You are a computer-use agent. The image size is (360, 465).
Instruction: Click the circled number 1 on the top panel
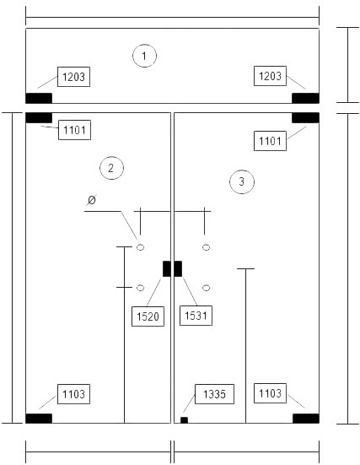(144, 56)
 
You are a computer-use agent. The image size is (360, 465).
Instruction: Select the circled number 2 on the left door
(111, 168)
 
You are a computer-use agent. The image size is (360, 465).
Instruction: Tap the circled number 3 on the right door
(242, 181)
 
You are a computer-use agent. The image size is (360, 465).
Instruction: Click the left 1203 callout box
(73, 77)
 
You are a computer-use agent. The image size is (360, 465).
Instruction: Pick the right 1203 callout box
(270, 76)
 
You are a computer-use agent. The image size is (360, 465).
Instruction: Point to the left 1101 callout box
(74, 130)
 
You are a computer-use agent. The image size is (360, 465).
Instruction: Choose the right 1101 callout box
(270, 141)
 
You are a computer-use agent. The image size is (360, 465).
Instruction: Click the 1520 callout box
(148, 316)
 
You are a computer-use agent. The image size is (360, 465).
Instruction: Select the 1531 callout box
(196, 316)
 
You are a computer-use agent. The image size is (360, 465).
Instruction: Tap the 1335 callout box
(214, 394)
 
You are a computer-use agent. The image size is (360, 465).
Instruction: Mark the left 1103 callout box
(73, 394)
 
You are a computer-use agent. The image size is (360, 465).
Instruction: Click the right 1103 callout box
(270, 393)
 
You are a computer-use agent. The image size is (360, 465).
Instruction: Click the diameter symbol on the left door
(92, 200)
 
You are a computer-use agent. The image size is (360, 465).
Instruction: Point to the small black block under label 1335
(184, 420)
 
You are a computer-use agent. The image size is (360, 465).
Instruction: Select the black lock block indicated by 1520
(167, 268)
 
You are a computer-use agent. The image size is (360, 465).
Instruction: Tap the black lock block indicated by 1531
(178, 268)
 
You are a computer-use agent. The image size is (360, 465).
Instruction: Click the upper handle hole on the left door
(141, 247)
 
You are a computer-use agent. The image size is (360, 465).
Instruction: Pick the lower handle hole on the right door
(207, 288)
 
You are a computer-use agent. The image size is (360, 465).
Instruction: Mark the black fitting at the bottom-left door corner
(39, 419)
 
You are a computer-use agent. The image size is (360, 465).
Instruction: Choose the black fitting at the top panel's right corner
(305, 98)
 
